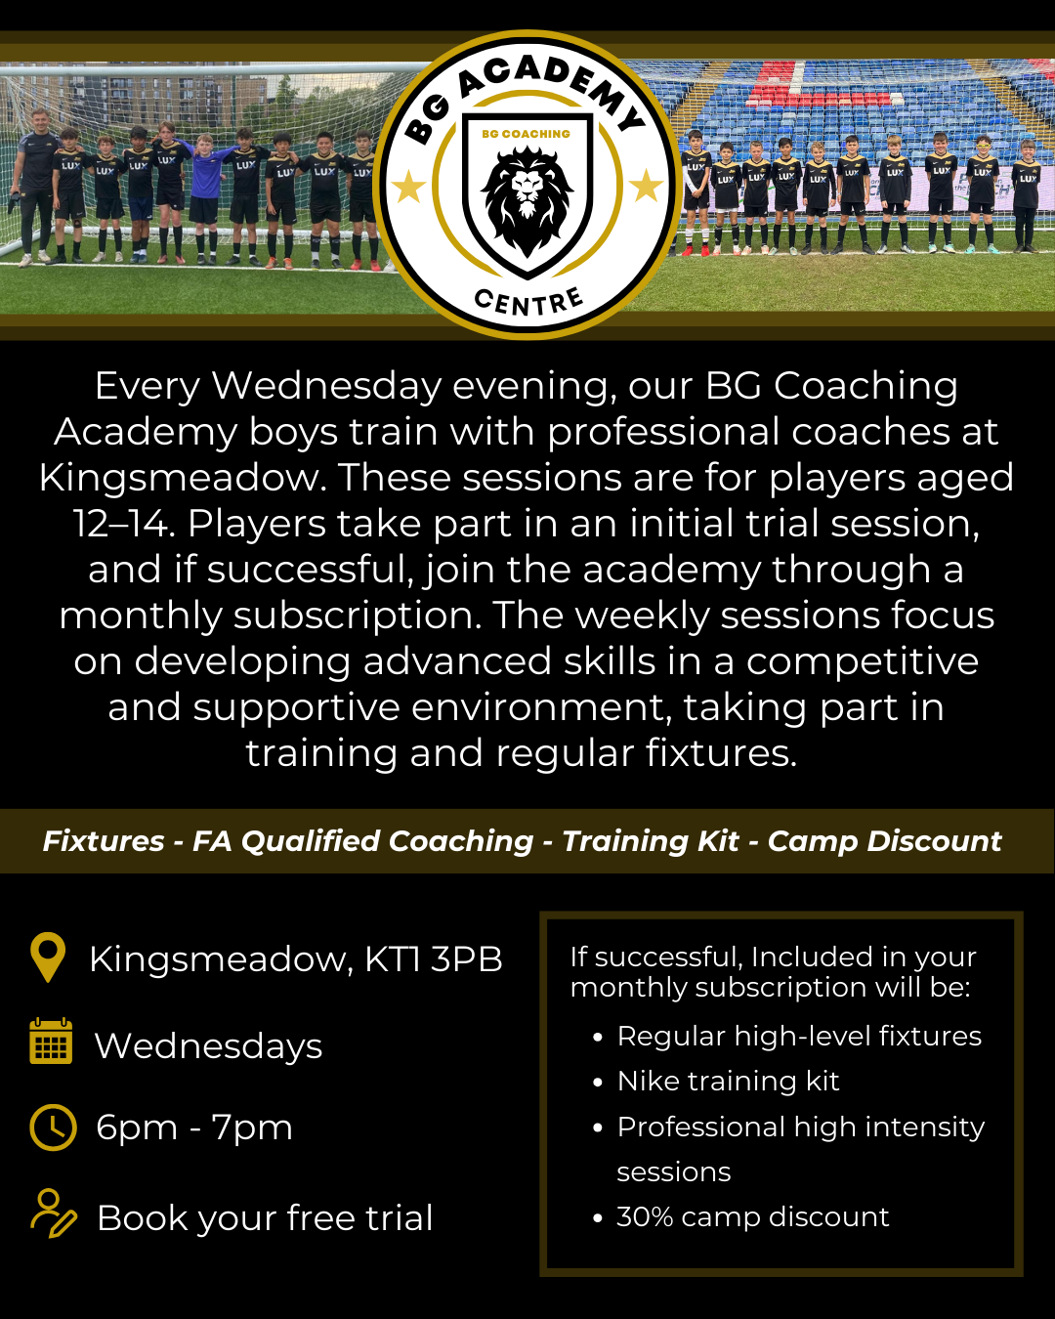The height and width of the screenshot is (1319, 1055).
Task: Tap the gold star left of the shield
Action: click(408, 186)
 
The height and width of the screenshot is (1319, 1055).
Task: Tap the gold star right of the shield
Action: click(646, 186)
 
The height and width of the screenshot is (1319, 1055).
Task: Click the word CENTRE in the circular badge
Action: click(528, 301)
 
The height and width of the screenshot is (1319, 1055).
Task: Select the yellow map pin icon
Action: click(48, 957)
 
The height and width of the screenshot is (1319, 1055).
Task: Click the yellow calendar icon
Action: click(51, 1042)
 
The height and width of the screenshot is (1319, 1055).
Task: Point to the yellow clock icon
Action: click(53, 1128)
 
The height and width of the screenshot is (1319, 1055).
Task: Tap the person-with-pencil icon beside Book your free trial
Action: click(53, 1214)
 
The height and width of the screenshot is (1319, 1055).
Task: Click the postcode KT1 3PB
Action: click(433, 959)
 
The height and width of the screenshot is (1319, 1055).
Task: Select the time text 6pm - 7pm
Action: click(194, 1128)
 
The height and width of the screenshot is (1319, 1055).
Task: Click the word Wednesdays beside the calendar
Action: click(208, 1046)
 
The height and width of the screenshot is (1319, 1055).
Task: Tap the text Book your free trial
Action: click(265, 1218)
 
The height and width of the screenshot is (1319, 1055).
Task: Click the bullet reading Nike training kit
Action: click(728, 1081)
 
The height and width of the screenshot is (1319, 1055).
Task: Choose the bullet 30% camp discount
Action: click(752, 1216)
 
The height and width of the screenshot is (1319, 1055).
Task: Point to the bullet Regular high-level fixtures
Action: click(799, 1036)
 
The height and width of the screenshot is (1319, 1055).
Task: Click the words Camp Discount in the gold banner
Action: click(884, 841)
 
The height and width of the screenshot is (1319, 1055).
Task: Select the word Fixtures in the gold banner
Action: click(104, 841)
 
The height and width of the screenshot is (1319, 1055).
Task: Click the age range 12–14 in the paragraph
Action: click(122, 524)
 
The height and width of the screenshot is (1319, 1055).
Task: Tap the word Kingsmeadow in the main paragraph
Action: click(182, 478)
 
